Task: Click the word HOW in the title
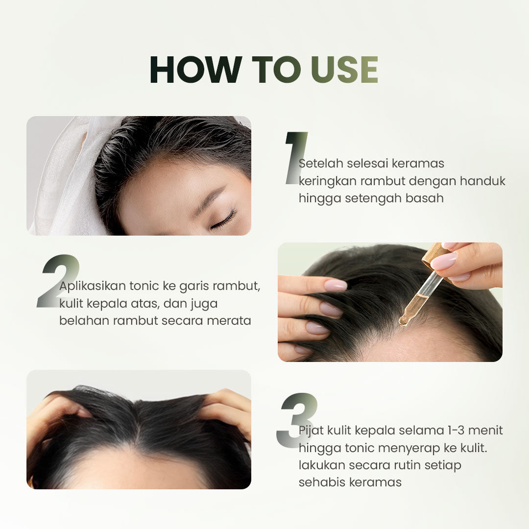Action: pos(195,70)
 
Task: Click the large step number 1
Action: pos(295,158)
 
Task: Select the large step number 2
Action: pos(58,282)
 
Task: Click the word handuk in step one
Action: pos(482,180)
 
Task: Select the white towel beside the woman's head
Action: pos(64,181)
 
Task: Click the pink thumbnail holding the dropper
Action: pos(444,261)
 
